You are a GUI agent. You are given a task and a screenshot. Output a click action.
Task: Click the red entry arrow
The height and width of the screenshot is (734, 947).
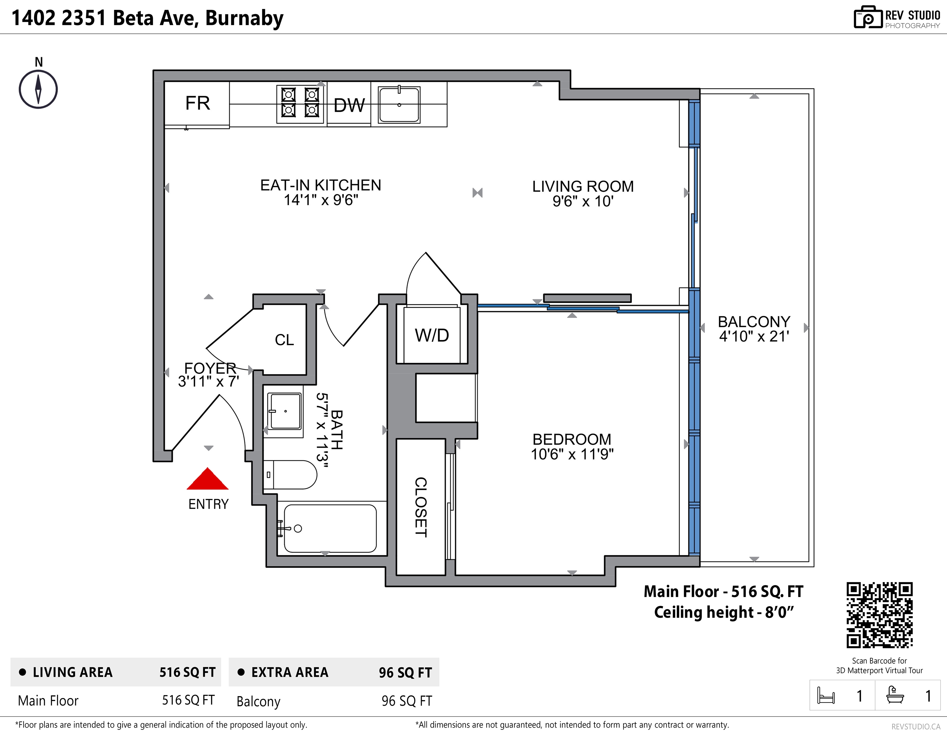click(208, 479)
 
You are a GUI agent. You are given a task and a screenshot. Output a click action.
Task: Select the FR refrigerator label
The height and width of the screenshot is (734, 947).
click(198, 103)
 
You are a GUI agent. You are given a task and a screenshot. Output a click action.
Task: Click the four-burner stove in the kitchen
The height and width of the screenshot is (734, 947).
click(300, 104)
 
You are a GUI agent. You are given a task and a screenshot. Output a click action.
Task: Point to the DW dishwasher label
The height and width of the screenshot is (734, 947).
click(349, 105)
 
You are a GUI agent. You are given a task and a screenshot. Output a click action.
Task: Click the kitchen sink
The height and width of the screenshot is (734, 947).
click(399, 104)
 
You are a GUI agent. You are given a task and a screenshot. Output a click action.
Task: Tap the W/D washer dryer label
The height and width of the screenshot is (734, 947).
click(432, 335)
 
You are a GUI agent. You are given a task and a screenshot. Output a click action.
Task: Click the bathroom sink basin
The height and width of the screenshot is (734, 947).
click(284, 411)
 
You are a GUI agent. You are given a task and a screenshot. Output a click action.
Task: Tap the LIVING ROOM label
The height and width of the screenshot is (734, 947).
click(583, 187)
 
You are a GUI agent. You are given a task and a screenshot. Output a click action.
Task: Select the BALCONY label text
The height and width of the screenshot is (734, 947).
click(754, 322)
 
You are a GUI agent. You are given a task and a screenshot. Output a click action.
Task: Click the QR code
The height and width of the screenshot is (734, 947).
click(879, 615)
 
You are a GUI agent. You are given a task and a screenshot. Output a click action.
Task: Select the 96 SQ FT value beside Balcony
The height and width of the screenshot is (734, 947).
click(407, 701)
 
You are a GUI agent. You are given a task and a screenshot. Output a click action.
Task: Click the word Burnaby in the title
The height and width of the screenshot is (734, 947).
click(244, 18)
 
